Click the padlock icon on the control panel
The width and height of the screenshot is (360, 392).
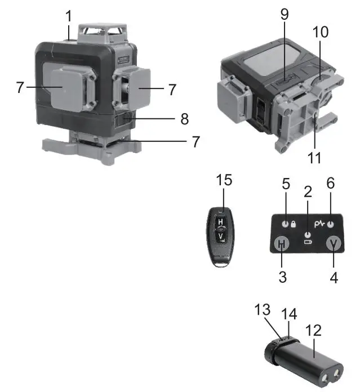[x=294, y=224]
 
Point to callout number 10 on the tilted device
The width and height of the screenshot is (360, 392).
[x=320, y=33]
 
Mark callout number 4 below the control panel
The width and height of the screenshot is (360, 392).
[x=334, y=278]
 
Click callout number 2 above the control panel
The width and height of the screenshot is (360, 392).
[x=308, y=191]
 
